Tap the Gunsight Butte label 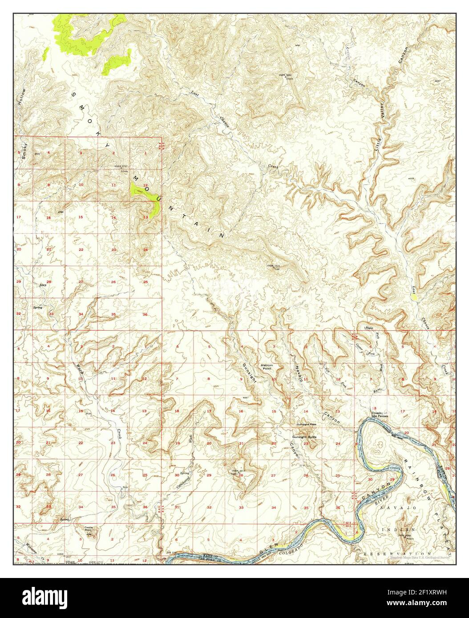tap(305, 437)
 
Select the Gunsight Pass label tap(307, 424)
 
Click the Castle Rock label tap(88, 529)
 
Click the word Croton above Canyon tap(348, 53)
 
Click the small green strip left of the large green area tap(46, 53)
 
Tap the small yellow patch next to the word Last tap(414, 297)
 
